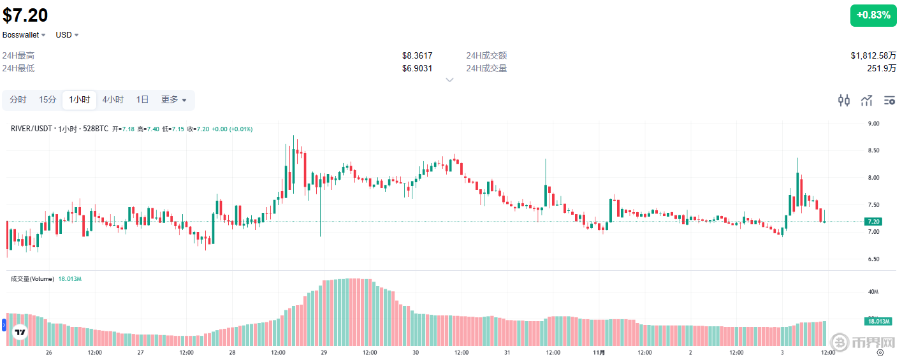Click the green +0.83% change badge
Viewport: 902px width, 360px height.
[873, 15]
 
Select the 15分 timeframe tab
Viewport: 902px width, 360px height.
[47, 100]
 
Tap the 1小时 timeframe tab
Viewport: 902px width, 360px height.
[79, 100]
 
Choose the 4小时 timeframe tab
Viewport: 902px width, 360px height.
[113, 100]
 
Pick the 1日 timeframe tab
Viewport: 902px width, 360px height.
[142, 100]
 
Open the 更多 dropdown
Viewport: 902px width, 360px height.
[173, 100]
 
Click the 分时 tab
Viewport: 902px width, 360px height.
[18, 100]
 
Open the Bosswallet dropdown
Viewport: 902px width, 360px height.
[24, 35]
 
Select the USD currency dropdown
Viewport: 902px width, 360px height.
[67, 35]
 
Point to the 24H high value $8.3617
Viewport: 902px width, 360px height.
[417, 56]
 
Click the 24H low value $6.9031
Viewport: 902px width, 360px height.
[417, 68]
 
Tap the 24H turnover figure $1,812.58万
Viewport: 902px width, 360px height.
[873, 56]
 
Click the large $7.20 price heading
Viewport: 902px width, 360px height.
[25, 15]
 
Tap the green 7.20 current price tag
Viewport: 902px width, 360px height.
[873, 222]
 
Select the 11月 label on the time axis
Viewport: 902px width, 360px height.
[599, 352]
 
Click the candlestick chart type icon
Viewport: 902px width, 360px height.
[844, 100]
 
